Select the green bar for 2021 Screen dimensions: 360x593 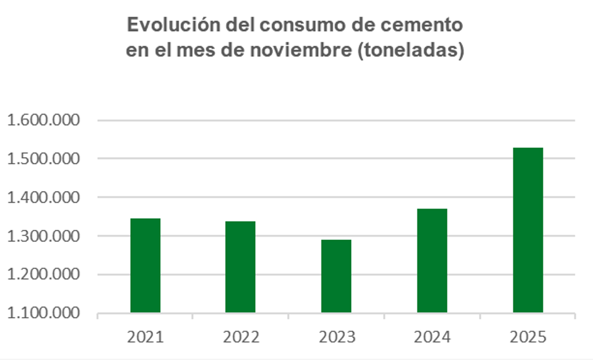145,265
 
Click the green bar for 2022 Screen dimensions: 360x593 241,267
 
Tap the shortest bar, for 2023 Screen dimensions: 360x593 336,276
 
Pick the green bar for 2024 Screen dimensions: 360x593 432,261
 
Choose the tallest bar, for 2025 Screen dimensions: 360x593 528,230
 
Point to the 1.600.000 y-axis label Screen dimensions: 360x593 44,120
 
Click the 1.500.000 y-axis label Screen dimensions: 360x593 44,159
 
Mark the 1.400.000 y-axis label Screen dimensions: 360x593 44,197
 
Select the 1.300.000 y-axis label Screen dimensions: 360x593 44,236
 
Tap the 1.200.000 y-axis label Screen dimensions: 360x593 44,274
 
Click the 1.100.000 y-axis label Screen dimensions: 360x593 44,313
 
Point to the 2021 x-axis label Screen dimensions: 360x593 145,337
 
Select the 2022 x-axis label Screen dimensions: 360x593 241,337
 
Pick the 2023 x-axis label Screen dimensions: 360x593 336,337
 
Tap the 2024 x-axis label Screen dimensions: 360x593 432,337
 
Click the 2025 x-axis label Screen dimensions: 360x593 528,337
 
